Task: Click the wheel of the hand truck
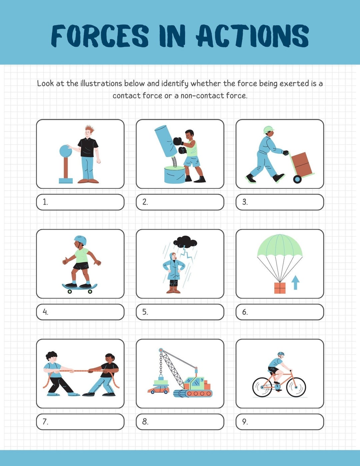tap(297, 179)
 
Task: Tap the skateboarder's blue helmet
tap(80, 239)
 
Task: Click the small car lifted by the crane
tap(158, 389)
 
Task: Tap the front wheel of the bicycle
tap(296, 387)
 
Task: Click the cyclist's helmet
tap(281, 354)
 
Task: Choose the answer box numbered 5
tap(180, 312)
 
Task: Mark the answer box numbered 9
tap(280, 422)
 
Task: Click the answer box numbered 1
tap(80, 202)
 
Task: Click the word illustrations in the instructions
tap(101, 83)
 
